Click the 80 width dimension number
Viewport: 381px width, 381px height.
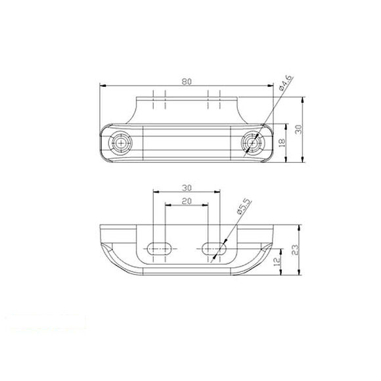[187, 81]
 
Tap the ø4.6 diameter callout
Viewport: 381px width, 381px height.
[285, 83]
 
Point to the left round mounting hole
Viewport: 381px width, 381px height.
[122, 143]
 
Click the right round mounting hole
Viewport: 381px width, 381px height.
[252, 143]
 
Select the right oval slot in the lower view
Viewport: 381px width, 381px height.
[214, 248]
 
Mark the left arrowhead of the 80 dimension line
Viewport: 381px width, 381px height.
[102, 85]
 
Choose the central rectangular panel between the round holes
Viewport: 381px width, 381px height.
[187, 143]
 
